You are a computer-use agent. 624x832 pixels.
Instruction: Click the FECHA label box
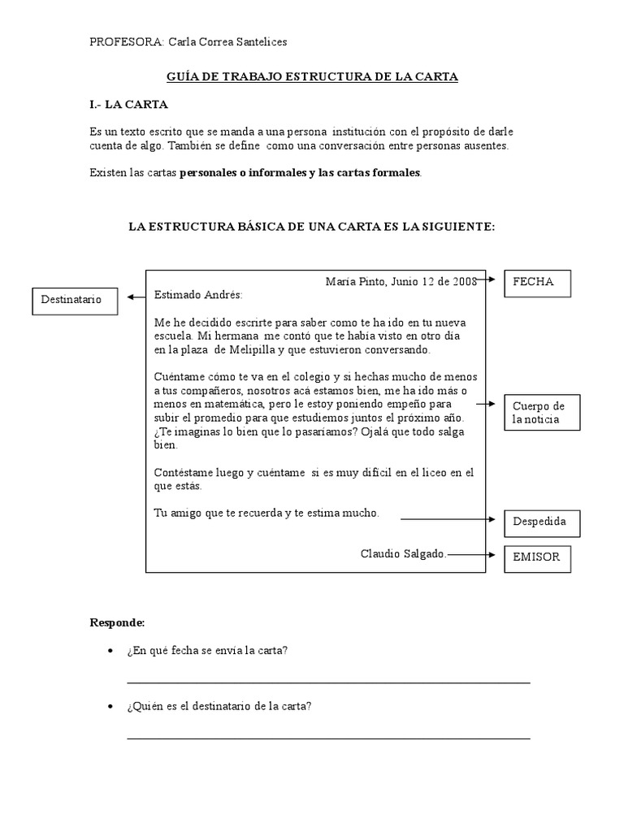[538, 283]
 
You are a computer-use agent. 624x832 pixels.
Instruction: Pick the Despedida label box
[542, 523]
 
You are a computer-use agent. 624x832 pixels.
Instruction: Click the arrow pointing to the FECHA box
[486, 279]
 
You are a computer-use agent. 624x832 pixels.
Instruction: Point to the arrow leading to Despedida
[448, 518]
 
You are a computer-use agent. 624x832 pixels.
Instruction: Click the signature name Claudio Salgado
[403, 553]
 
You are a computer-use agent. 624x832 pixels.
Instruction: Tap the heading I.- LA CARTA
[129, 105]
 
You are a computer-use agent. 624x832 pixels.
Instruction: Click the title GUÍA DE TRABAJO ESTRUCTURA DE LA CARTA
[312, 76]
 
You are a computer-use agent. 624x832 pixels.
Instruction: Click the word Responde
[117, 622]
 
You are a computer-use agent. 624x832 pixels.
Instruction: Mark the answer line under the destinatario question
[328, 738]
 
